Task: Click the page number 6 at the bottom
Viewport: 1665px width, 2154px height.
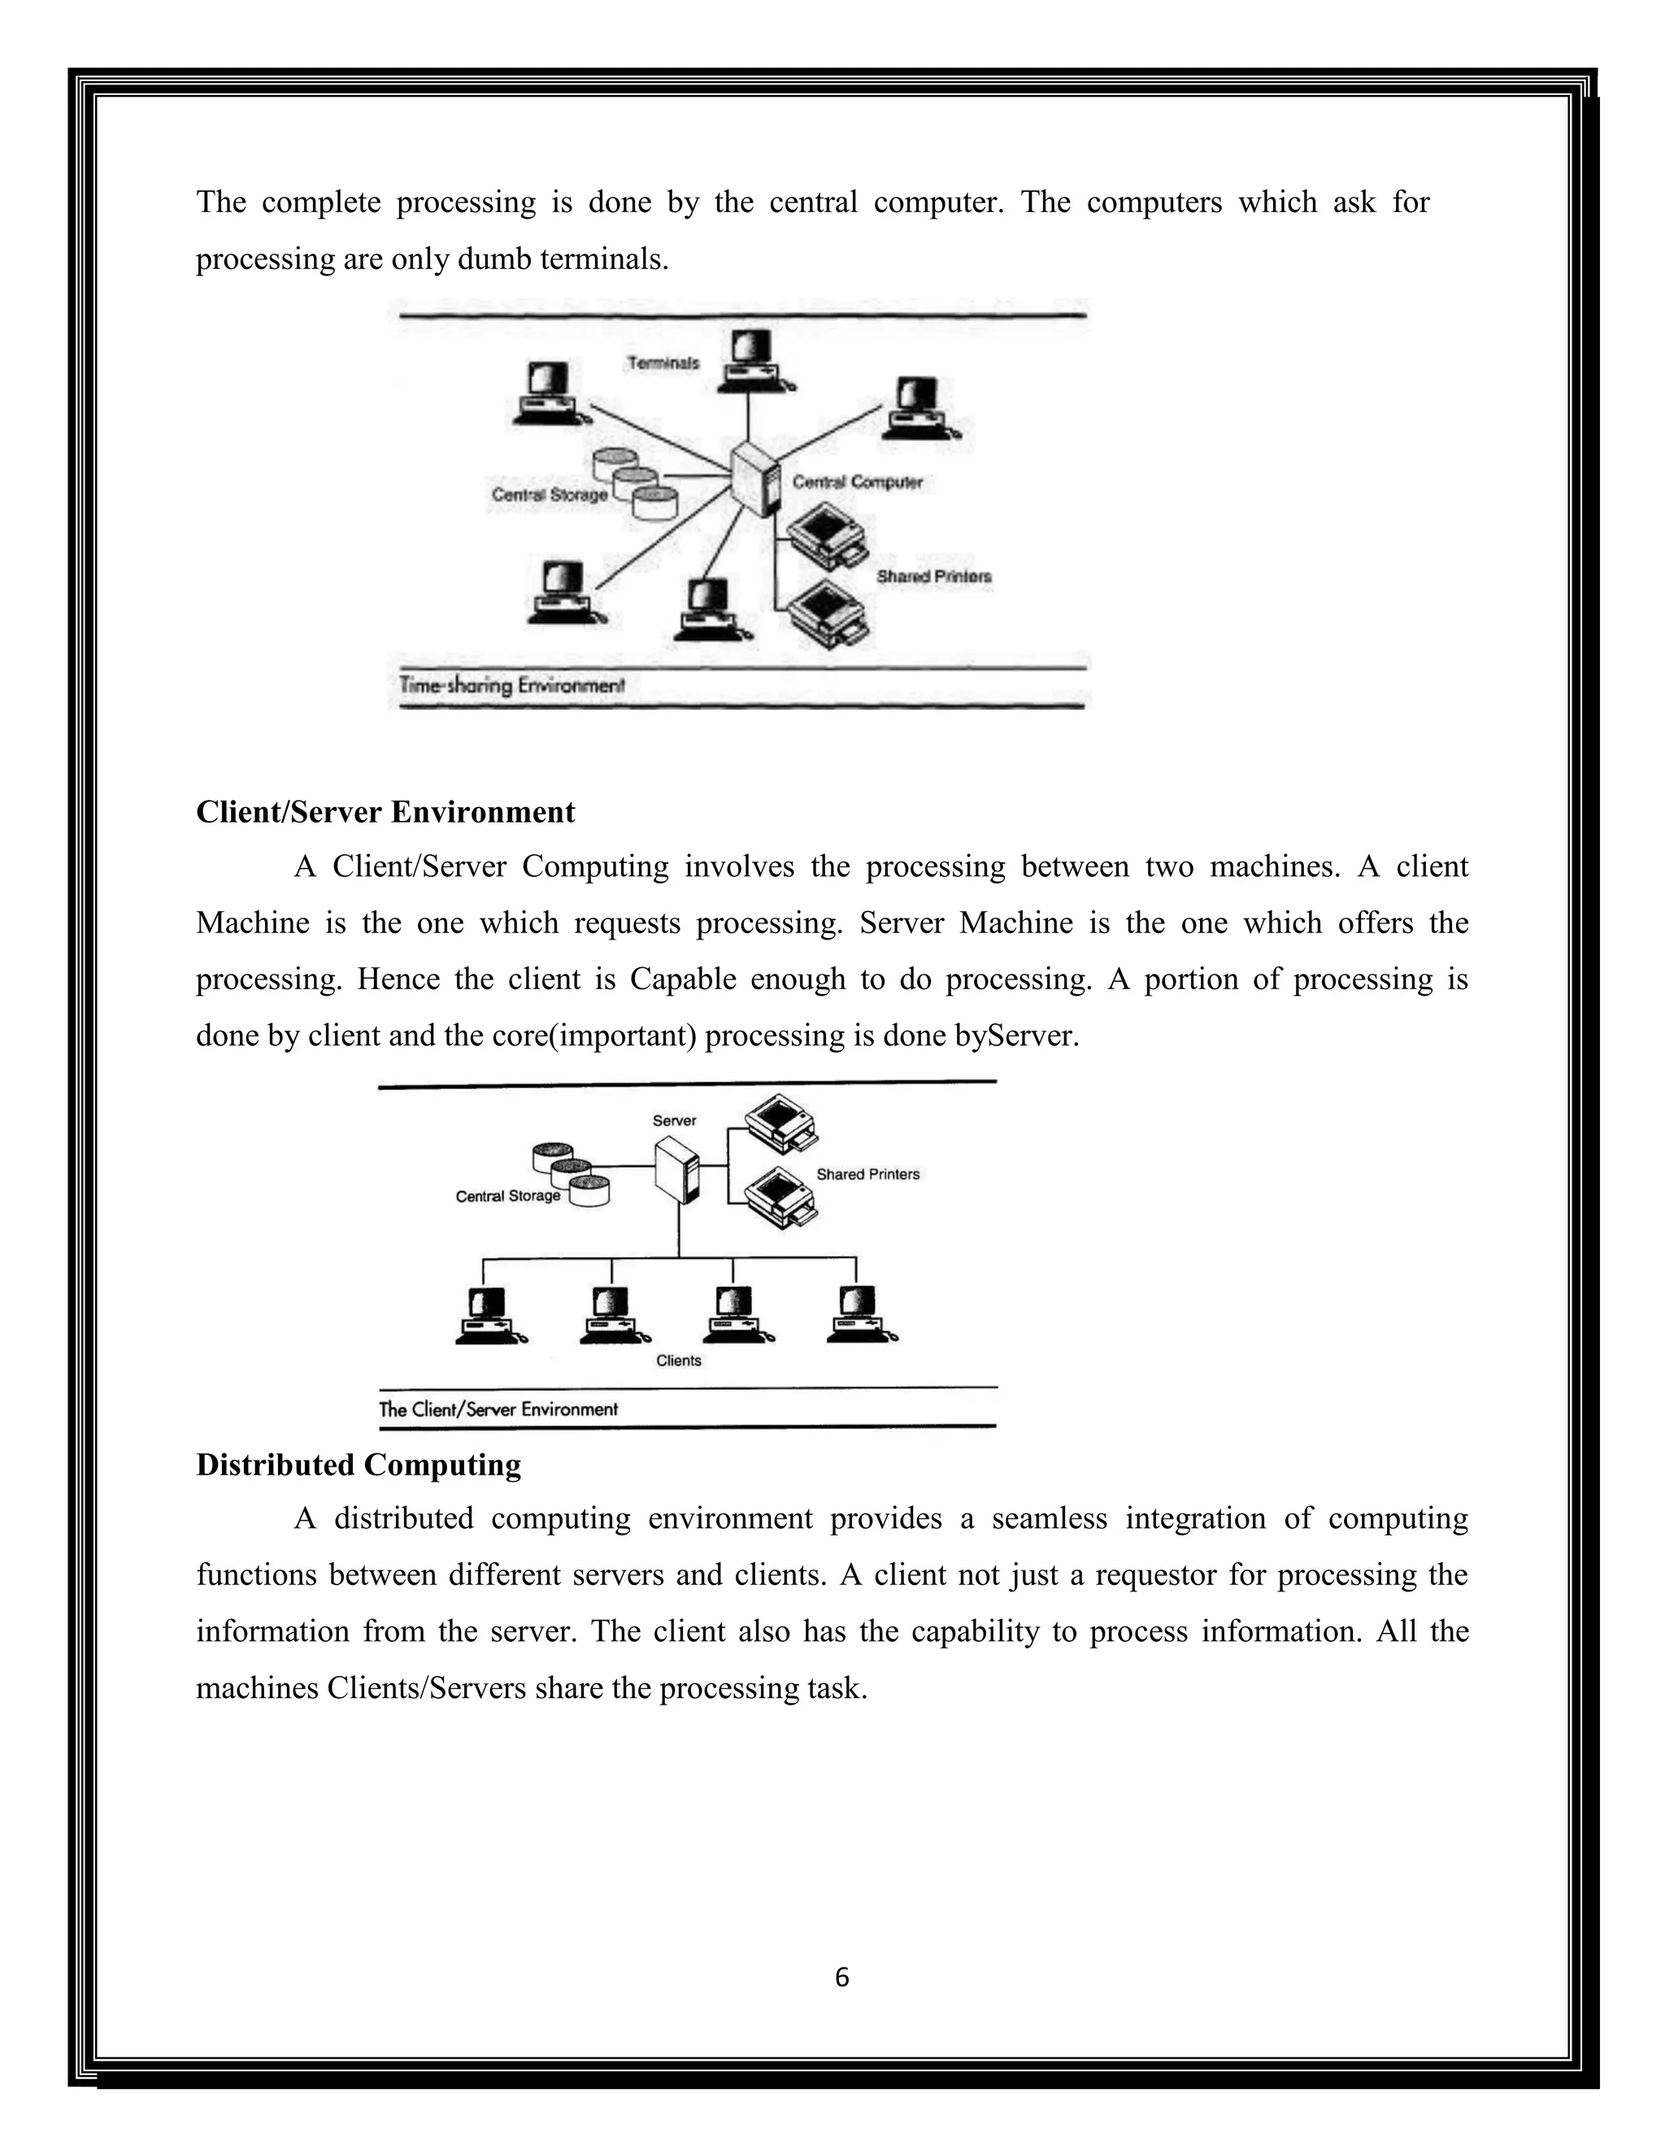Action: (x=841, y=1978)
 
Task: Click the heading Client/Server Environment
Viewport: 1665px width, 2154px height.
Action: (x=385, y=812)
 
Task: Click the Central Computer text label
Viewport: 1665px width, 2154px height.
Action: (x=857, y=482)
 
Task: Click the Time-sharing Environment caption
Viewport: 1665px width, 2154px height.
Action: (x=512, y=684)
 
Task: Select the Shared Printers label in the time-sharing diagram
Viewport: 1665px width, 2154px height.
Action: (x=933, y=576)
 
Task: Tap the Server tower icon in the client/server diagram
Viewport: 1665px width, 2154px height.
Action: (x=678, y=1170)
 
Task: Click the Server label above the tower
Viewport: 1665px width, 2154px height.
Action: (x=675, y=1120)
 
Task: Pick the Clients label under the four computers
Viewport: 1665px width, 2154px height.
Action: (x=679, y=1360)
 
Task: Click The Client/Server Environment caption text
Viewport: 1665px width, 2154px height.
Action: (x=498, y=1409)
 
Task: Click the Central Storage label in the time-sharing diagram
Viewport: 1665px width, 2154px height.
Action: (x=550, y=494)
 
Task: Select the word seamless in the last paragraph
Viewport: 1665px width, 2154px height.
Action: (x=1050, y=1518)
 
